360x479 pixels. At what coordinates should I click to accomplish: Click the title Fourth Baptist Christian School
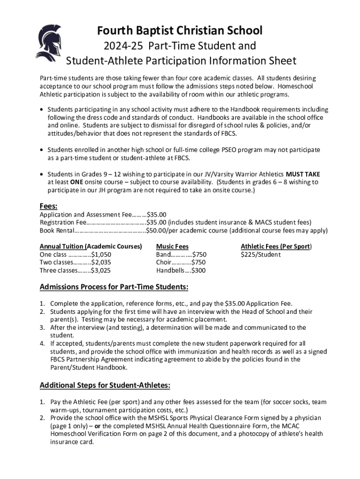click(x=180, y=31)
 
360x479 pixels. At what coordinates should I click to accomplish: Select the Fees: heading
click(x=49, y=206)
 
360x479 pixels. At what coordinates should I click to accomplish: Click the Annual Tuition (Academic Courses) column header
click(x=91, y=247)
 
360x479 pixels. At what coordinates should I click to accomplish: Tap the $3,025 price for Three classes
click(x=101, y=270)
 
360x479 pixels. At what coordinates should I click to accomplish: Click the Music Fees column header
click(x=173, y=247)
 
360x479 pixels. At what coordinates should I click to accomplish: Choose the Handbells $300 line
click(x=181, y=270)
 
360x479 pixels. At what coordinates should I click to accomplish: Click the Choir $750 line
click(x=181, y=262)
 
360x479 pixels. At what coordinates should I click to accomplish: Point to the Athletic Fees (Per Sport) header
click(x=276, y=247)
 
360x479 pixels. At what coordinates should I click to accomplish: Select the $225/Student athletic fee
click(x=260, y=254)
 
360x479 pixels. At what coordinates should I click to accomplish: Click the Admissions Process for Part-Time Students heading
click(x=114, y=287)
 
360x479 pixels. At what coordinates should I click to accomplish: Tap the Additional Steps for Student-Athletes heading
click(x=105, y=386)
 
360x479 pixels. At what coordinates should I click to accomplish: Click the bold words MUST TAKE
click(x=303, y=174)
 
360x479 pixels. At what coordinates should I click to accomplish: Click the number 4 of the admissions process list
click(x=42, y=344)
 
